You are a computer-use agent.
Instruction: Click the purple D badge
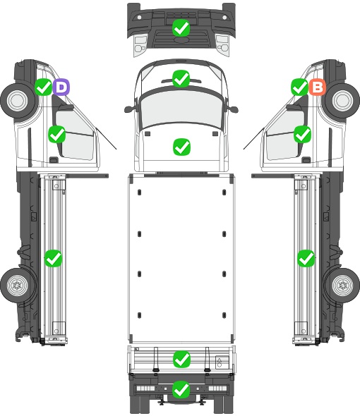[61, 87]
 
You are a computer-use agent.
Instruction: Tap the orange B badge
[317, 87]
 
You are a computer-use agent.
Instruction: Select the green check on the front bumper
[181, 28]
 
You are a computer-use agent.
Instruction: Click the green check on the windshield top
[181, 78]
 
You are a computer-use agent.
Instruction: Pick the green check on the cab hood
[181, 147]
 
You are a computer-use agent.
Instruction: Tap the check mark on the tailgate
[181, 360]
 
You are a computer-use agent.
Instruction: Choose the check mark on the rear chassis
[181, 389]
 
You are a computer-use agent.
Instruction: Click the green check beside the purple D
[43, 87]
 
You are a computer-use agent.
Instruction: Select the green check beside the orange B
[299, 87]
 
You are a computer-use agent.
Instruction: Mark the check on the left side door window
[57, 134]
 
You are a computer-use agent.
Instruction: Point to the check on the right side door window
[302, 134]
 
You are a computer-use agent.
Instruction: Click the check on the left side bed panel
[53, 258]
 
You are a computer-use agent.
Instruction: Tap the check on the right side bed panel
[306, 258]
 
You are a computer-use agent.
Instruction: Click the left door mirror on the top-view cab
[129, 109]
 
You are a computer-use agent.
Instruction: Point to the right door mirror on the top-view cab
[233, 109]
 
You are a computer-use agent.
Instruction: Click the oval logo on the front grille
[181, 39]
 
